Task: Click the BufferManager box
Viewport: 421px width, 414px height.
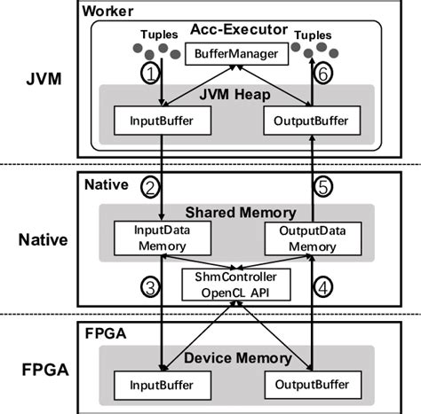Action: [x=235, y=53]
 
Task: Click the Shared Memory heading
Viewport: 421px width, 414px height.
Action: [x=235, y=212]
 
